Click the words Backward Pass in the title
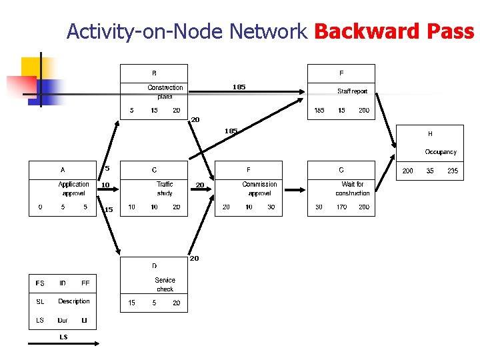pyautogui.click(x=393, y=31)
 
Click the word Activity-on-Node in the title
pyautogui.click(x=145, y=31)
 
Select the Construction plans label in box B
pyautogui.click(x=165, y=91)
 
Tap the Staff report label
pyautogui.click(x=352, y=91)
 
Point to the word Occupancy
pyautogui.click(x=441, y=152)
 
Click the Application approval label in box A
pyautogui.click(x=73, y=189)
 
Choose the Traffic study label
pyautogui.click(x=165, y=189)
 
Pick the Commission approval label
pyautogui.click(x=259, y=189)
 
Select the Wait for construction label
pyautogui.click(x=352, y=189)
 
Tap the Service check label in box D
pyautogui.click(x=165, y=285)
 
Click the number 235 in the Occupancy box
pyautogui.click(x=453, y=171)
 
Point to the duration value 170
pyautogui.click(x=341, y=207)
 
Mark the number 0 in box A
pyautogui.click(x=40, y=207)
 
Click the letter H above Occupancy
pyautogui.click(x=430, y=134)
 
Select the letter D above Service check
pyautogui.click(x=154, y=266)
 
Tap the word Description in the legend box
pyautogui.click(x=73, y=301)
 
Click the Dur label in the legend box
pyautogui.click(x=63, y=321)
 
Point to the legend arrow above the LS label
pyautogui.click(x=63, y=344)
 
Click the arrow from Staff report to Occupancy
pyautogui.click(x=385, y=120)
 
